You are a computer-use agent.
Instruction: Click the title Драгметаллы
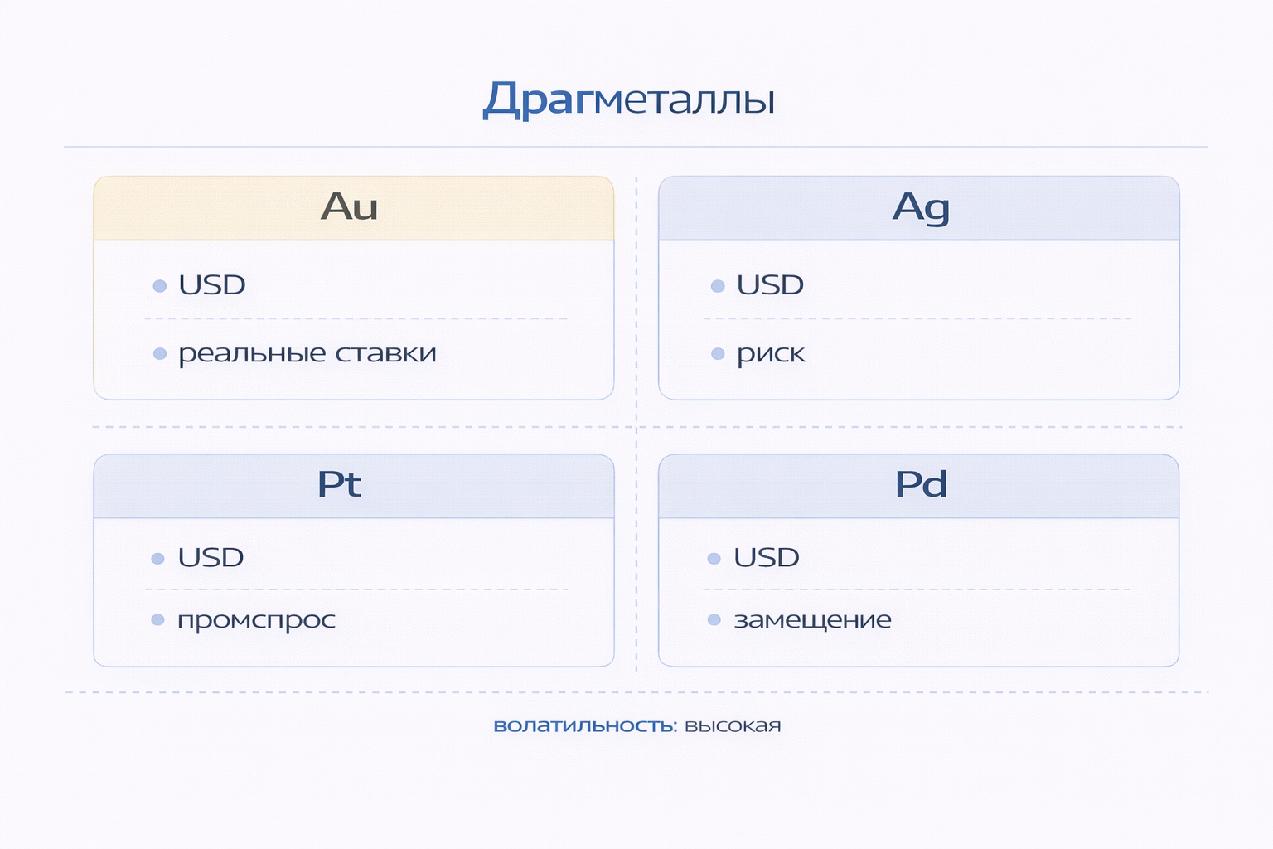(629, 100)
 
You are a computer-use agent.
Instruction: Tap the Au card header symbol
(349, 207)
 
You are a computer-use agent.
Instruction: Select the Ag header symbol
(921, 207)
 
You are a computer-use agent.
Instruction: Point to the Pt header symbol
(339, 484)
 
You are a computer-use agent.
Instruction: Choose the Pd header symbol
(921, 484)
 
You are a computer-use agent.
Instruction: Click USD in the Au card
(212, 285)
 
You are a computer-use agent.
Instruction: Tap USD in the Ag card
(770, 285)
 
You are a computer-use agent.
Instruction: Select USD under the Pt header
(211, 558)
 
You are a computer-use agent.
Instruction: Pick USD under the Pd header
(767, 558)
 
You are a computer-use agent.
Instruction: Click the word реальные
(252, 354)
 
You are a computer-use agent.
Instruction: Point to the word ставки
(385, 354)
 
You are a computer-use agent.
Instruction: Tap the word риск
(771, 355)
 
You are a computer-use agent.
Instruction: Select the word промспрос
(256, 621)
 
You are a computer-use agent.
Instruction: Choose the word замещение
(812, 620)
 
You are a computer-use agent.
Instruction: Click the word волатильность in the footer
(585, 726)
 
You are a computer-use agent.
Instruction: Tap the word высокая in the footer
(733, 726)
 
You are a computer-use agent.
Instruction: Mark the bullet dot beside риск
(718, 354)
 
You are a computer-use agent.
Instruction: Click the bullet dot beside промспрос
(157, 620)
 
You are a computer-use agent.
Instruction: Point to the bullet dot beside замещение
(714, 620)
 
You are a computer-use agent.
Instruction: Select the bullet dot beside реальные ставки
(160, 354)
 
